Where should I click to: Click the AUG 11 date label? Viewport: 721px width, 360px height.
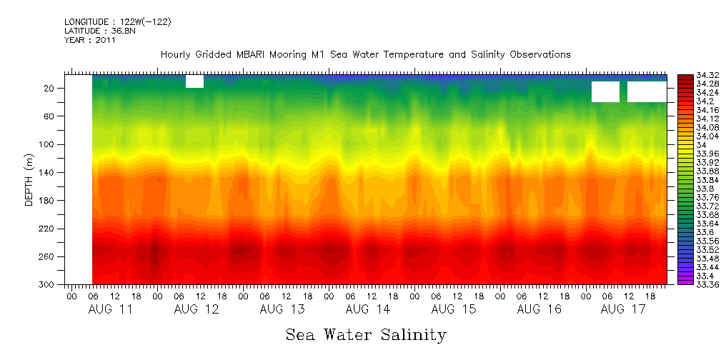111,309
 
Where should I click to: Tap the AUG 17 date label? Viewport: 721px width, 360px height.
624,309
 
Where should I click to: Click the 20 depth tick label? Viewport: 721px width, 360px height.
51,89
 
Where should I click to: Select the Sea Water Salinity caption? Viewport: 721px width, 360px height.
366,335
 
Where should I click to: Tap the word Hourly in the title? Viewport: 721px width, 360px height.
176,54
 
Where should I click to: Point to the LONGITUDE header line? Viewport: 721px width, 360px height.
117,22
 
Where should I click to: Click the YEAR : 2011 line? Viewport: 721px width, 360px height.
90,41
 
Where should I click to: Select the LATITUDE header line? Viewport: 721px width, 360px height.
97,31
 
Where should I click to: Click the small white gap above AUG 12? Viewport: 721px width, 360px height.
194,81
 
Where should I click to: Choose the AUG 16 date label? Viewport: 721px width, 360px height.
539,309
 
